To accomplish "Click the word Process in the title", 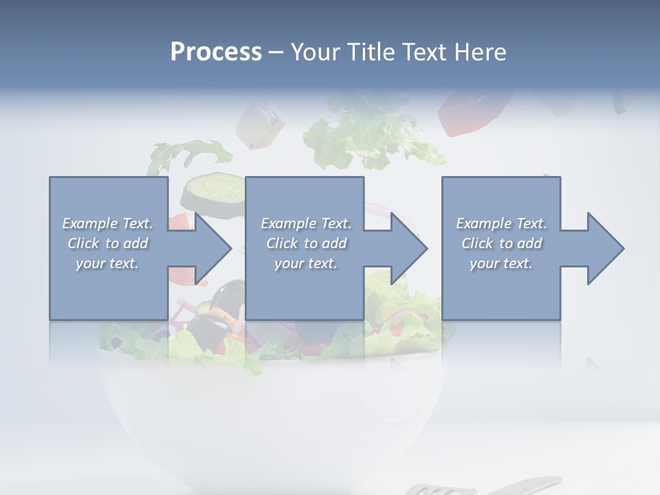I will (x=216, y=52).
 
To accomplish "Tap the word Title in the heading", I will (x=369, y=52).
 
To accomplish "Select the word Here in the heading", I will (x=481, y=52).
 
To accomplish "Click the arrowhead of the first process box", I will (x=213, y=248).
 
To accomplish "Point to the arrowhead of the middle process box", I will (x=409, y=248).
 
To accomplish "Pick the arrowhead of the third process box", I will (x=606, y=248).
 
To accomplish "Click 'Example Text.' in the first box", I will (x=107, y=223).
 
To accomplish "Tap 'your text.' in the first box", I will (x=107, y=263).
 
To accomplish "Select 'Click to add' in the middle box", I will (x=306, y=243).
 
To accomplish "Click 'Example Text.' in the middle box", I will (x=306, y=223).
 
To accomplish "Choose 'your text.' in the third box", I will (x=501, y=263).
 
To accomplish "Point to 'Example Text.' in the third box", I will (x=501, y=223).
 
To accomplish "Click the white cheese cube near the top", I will (x=261, y=124).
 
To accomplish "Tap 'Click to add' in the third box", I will (x=501, y=243).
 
